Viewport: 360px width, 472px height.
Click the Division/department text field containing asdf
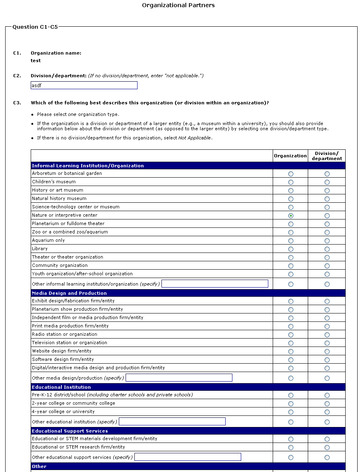[84, 85]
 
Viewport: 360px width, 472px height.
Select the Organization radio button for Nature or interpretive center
[291, 215]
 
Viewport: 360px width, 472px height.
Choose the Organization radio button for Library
[291, 249]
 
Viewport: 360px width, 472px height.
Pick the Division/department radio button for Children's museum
[327, 182]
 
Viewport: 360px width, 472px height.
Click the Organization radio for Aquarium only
[291, 241]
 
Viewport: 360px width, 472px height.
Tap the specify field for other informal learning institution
[215, 284]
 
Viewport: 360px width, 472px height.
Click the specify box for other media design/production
[179, 378]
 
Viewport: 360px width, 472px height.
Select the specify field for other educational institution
[172, 421]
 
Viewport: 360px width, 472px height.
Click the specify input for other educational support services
[188, 457]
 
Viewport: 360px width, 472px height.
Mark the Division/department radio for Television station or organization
[327, 343]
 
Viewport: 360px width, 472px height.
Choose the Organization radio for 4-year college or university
[291, 412]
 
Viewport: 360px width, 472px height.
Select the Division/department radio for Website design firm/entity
[327, 351]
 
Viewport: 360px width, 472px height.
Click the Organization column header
[290, 156]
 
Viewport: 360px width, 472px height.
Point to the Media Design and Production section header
[69, 293]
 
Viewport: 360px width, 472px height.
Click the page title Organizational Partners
[178, 5]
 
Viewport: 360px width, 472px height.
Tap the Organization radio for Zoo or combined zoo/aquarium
[291, 232]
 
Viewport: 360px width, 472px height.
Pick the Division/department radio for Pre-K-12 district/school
[327, 395]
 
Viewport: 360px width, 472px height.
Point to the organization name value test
[35, 61]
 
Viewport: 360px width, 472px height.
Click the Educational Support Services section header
[70, 431]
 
